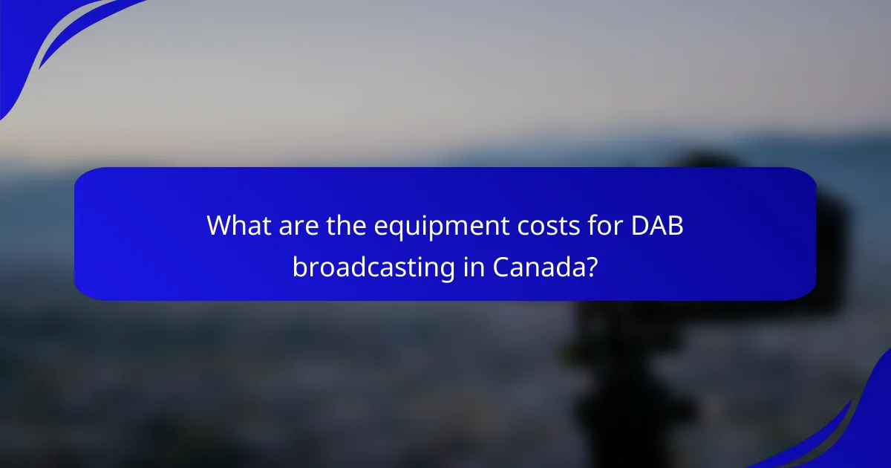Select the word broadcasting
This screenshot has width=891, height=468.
coord(373,266)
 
